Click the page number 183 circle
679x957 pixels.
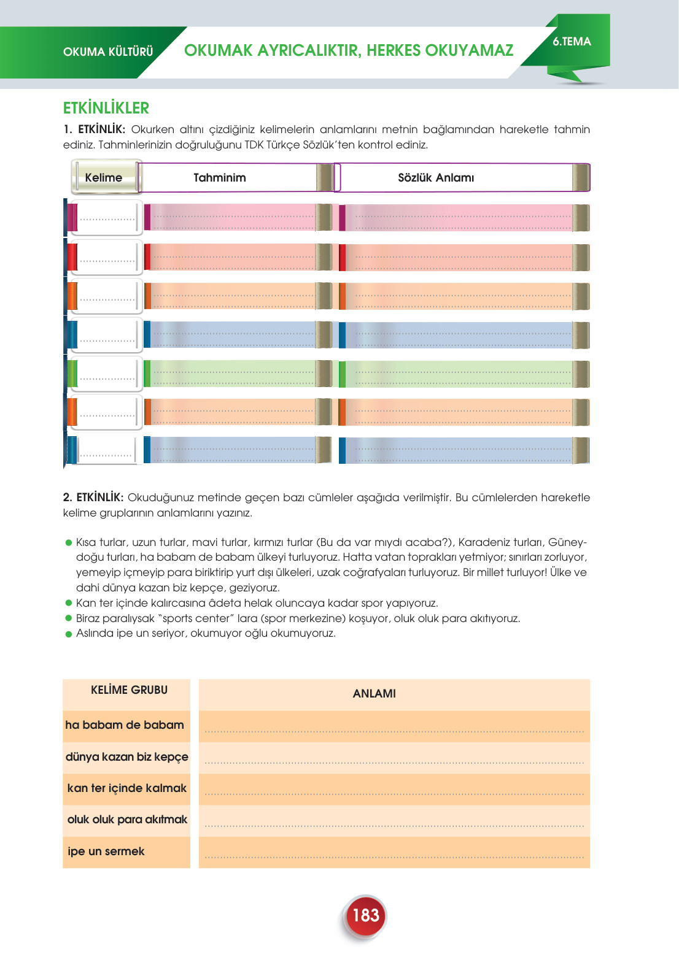coord(365,916)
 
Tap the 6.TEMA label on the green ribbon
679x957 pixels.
coord(572,42)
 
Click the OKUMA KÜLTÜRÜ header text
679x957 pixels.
coord(108,52)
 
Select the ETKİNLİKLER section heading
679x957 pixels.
coord(106,108)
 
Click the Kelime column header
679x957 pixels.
coord(104,178)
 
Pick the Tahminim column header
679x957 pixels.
coord(220,178)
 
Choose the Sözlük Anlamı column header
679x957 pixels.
coord(436,178)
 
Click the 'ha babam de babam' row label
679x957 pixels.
coord(125,725)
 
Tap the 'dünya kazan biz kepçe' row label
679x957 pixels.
coord(126,757)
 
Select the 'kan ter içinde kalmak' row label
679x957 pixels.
coord(126,788)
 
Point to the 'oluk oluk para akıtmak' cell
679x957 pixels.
coord(127,820)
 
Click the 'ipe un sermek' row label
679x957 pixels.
coord(106,851)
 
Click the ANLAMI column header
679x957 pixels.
coord(374,694)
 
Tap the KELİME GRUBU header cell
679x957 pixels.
coord(129,690)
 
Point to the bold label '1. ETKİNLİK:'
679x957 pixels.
coord(95,129)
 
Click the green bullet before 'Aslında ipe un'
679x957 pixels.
coord(69,634)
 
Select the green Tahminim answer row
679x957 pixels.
coord(233,374)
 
